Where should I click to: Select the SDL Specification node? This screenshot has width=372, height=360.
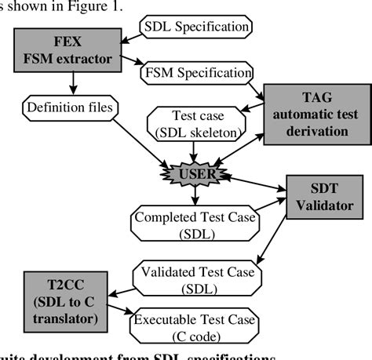(195, 26)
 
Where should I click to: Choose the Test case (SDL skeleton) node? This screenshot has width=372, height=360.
(192, 122)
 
